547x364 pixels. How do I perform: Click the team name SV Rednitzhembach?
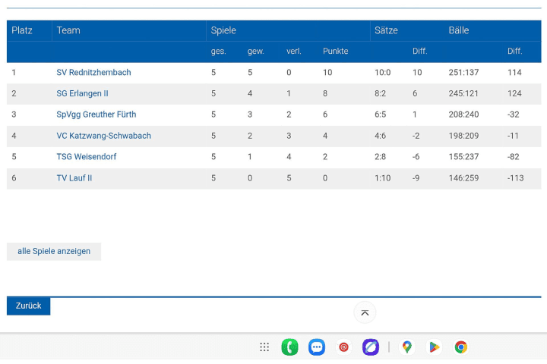pos(93,73)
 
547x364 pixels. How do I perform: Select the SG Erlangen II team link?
pos(82,93)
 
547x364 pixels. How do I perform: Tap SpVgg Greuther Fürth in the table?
pos(96,115)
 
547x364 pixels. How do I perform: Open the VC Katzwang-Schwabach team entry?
pos(103,136)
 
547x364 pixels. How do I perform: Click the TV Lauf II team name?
pos(74,178)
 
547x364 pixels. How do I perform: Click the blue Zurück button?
pos(28,306)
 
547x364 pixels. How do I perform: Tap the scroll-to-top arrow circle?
pos(365,312)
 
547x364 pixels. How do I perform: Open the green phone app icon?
pos(289,347)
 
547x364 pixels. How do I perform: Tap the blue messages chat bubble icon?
pos(317,347)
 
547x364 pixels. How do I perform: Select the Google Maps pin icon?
pos(407,347)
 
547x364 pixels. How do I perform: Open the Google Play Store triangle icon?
pos(434,347)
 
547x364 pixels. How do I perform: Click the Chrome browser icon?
pos(460,347)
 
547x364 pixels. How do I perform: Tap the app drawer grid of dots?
pos(264,347)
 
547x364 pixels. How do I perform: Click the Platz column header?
pos(21,30)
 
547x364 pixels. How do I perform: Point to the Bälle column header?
pos(458,30)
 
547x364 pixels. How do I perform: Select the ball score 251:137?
pos(463,73)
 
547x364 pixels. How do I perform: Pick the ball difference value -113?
pos(516,178)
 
